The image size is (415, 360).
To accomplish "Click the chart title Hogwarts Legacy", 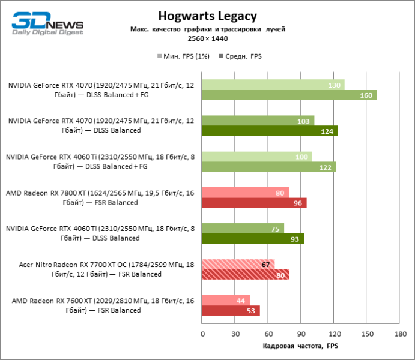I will (x=207, y=16).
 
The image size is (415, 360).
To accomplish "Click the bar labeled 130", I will (x=273, y=85).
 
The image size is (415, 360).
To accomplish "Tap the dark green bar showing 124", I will (x=270, y=131).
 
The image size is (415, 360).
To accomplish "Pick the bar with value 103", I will (x=258, y=121).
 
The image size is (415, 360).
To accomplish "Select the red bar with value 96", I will (x=254, y=203).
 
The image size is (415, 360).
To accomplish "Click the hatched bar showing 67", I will (x=238, y=265).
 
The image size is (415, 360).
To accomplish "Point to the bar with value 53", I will (x=231, y=311).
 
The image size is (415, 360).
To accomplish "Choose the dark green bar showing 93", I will (x=253, y=239).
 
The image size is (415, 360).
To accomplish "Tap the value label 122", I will (x=325, y=167).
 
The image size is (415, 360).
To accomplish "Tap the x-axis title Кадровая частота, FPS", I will (x=301, y=346).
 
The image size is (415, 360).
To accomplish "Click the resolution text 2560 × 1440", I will (x=207, y=38).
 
